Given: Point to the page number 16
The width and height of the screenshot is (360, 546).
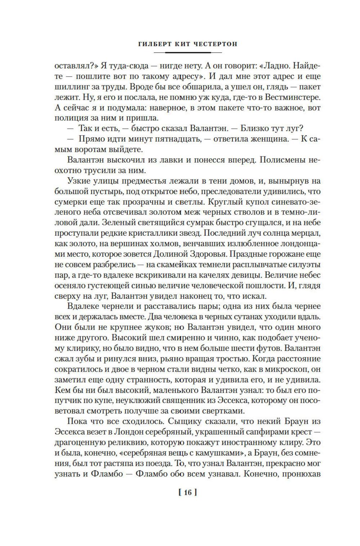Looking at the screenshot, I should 187,492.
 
